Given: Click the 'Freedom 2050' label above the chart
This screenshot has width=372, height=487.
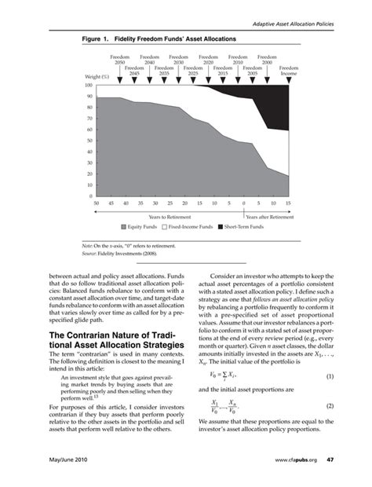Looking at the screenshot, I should tap(120, 60).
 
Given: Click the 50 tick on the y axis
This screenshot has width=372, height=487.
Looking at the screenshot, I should tap(89, 141).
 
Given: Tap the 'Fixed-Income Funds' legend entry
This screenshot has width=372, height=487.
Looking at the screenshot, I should tap(190, 226).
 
